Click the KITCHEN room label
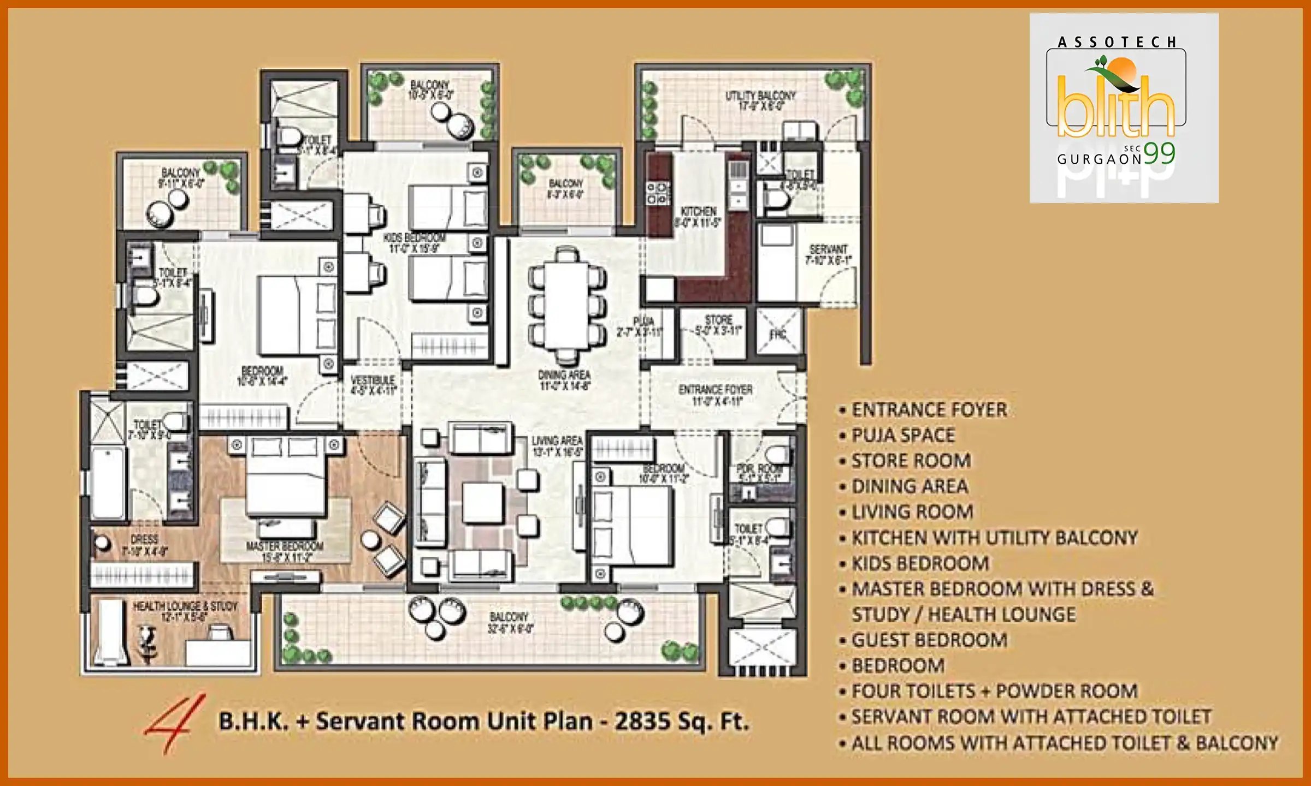click(x=698, y=212)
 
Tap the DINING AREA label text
click(x=564, y=375)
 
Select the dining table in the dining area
click(x=567, y=306)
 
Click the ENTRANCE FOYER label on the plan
click(x=715, y=390)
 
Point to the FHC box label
click(x=778, y=334)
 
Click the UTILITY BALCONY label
click(x=760, y=96)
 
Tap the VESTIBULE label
click(x=373, y=380)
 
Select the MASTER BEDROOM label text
click(x=285, y=546)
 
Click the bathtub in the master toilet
click(x=108, y=483)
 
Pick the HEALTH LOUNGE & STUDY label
click(x=185, y=606)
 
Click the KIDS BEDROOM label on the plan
click(x=414, y=238)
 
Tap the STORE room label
click(x=718, y=320)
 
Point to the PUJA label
click(x=643, y=321)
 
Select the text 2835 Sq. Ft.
click(x=682, y=721)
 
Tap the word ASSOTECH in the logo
click(x=1117, y=42)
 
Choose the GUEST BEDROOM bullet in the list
click(x=929, y=640)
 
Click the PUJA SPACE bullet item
click(x=903, y=435)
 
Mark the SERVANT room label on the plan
click(x=828, y=249)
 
